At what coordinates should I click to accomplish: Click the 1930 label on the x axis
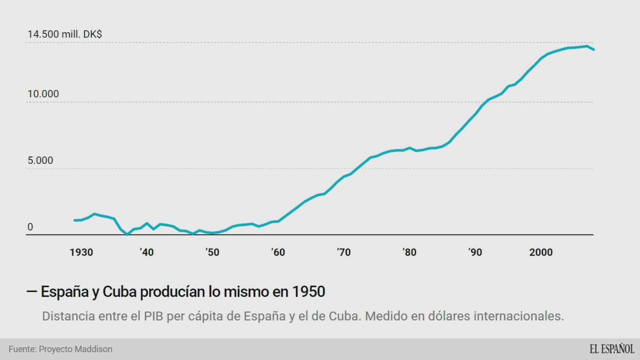81,252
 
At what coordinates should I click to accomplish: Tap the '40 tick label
147,252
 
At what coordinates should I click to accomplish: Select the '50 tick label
212,252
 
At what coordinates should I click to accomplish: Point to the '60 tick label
278,252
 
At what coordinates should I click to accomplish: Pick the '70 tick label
344,252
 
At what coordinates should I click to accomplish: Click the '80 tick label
409,252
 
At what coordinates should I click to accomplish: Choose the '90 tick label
475,252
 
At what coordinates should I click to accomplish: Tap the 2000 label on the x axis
541,252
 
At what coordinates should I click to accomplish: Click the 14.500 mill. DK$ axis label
65,34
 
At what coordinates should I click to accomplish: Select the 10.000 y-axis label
43,94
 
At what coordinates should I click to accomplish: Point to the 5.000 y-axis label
40,160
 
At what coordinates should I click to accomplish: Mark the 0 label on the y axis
30,227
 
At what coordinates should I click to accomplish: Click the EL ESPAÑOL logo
611,349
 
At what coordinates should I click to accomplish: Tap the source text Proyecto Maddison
75,349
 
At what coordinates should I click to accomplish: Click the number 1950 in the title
308,292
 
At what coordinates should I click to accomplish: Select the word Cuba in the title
119,292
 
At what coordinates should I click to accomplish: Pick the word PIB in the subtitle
153,316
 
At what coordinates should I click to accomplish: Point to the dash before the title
32,291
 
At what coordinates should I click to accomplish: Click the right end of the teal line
593,49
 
